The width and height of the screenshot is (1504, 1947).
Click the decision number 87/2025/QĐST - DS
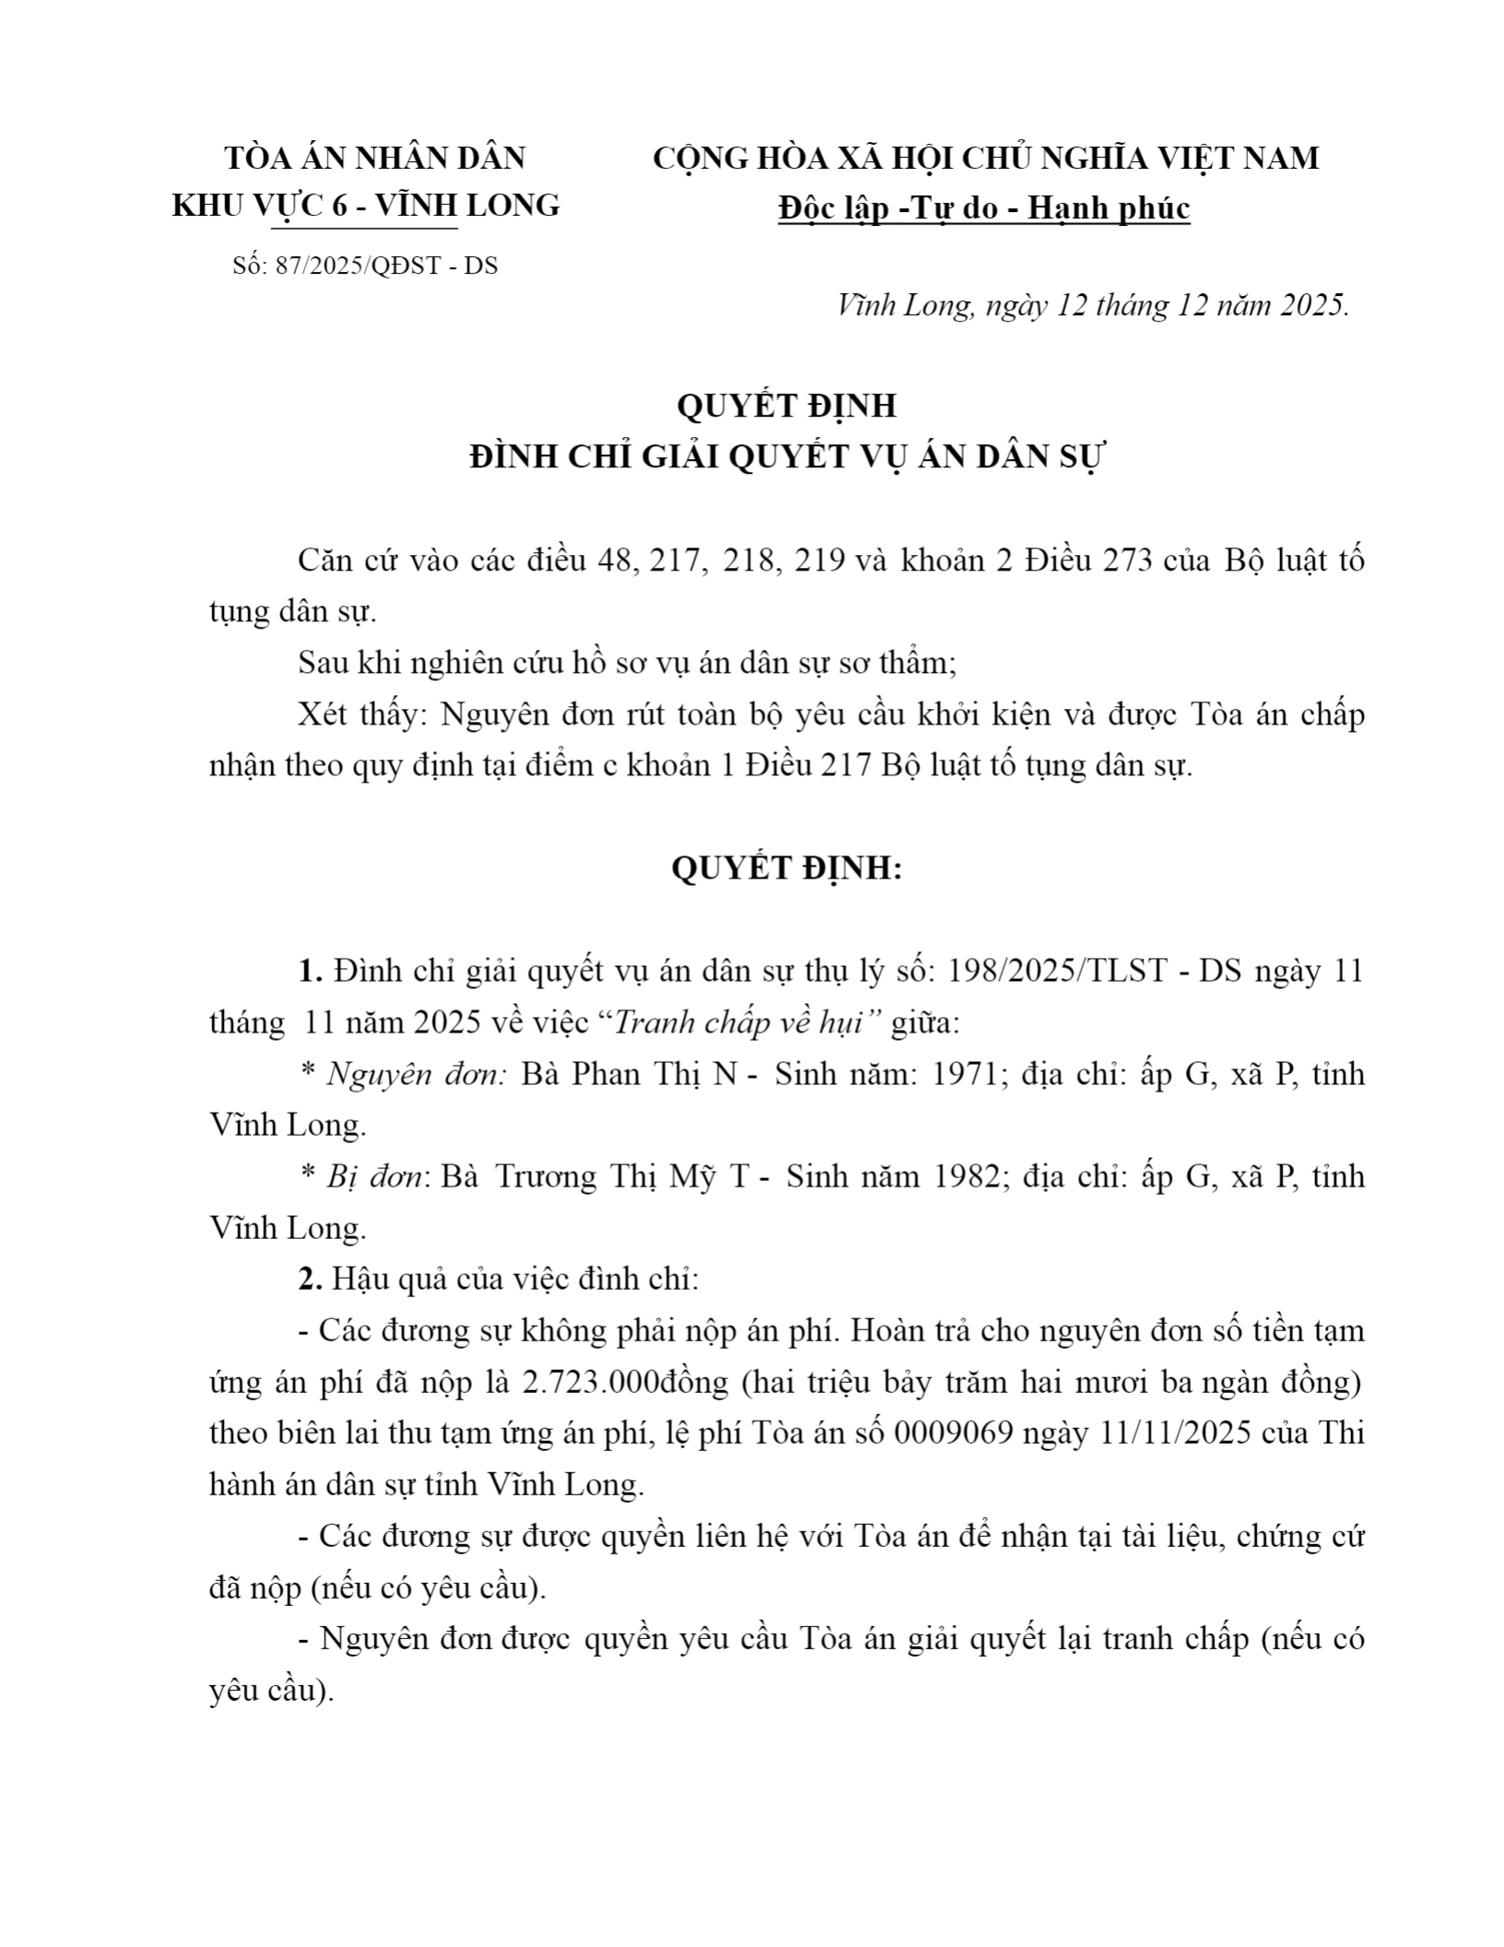386,265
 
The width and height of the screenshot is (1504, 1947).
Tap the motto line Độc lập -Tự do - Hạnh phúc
984,208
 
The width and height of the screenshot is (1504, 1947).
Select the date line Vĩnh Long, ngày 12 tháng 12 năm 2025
1092,305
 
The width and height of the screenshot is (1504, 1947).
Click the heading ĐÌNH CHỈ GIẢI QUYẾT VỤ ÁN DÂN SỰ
785,456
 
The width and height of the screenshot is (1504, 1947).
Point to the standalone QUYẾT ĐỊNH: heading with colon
785,868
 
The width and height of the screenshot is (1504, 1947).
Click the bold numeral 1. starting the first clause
310,971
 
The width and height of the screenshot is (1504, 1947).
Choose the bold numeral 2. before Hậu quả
310,1280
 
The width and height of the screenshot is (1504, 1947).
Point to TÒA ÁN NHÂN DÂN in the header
375,159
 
